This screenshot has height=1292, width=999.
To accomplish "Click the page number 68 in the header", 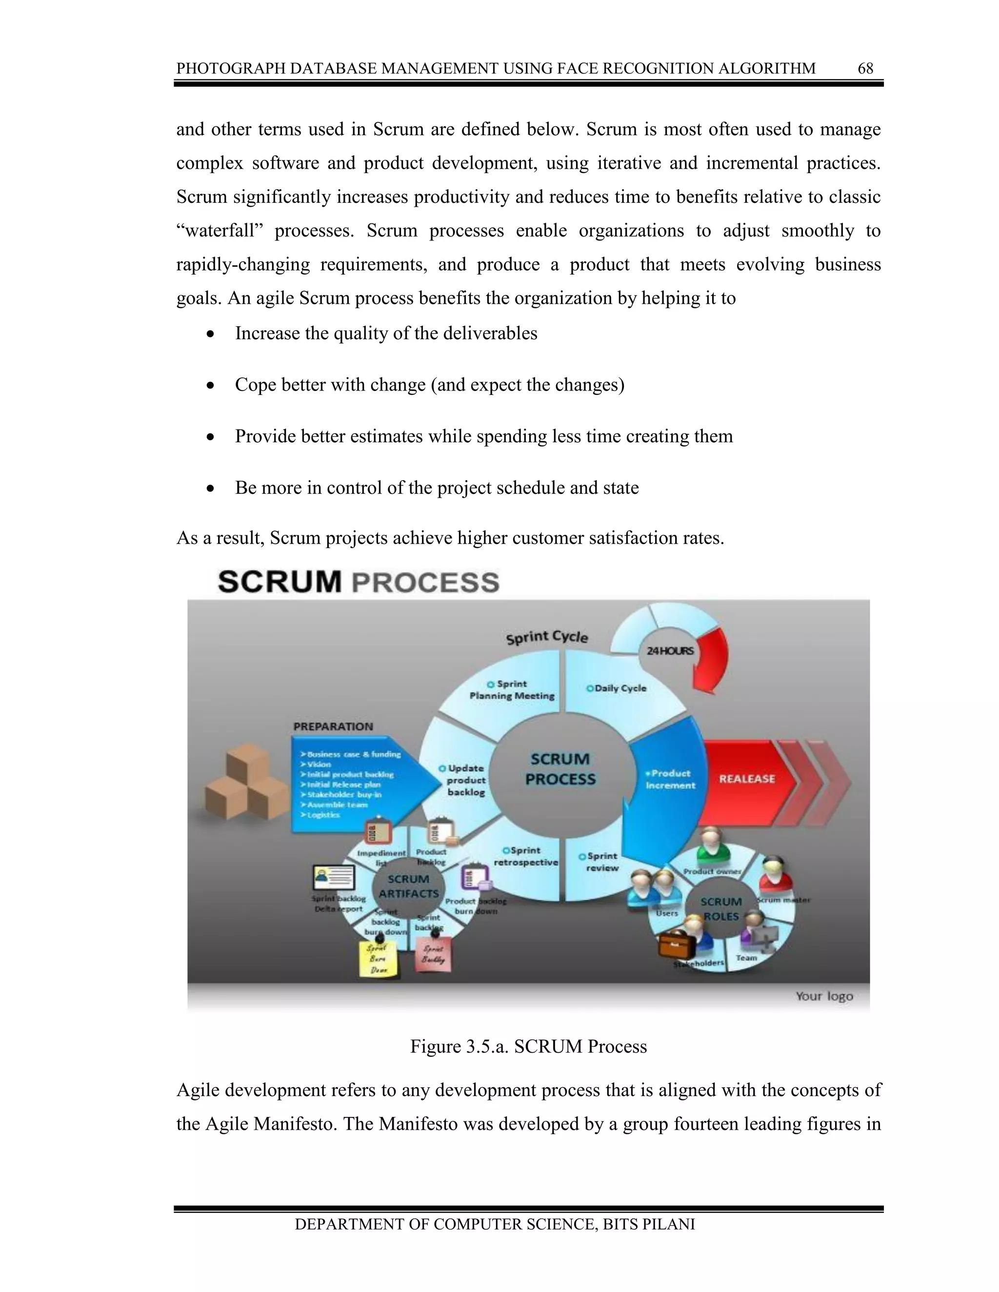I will point(865,69).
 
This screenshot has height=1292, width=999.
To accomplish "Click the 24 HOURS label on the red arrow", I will point(669,651).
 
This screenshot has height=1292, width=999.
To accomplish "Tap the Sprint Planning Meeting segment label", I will point(512,690).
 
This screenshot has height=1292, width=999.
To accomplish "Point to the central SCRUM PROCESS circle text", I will point(560,769).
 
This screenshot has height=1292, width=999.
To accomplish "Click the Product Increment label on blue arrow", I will point(671,779).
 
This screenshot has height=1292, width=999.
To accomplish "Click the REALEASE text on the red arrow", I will point(746,779).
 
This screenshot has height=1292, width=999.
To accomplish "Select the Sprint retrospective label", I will point(525,856).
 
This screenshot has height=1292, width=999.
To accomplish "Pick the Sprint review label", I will point(602,861).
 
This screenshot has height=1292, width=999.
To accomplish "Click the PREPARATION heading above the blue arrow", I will point(333,726).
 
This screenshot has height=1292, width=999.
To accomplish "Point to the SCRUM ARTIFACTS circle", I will point(408,886).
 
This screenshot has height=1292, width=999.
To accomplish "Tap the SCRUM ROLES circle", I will point(720,909).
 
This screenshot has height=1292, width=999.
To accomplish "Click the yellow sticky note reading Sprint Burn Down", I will point(378,959).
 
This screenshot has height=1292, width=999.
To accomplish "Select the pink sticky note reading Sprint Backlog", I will point(434,954).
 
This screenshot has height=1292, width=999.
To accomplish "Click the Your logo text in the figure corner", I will point(824,996).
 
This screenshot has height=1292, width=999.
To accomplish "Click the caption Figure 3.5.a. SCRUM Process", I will point(528,1046).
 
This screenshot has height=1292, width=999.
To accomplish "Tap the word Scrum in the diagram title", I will point(280,582).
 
